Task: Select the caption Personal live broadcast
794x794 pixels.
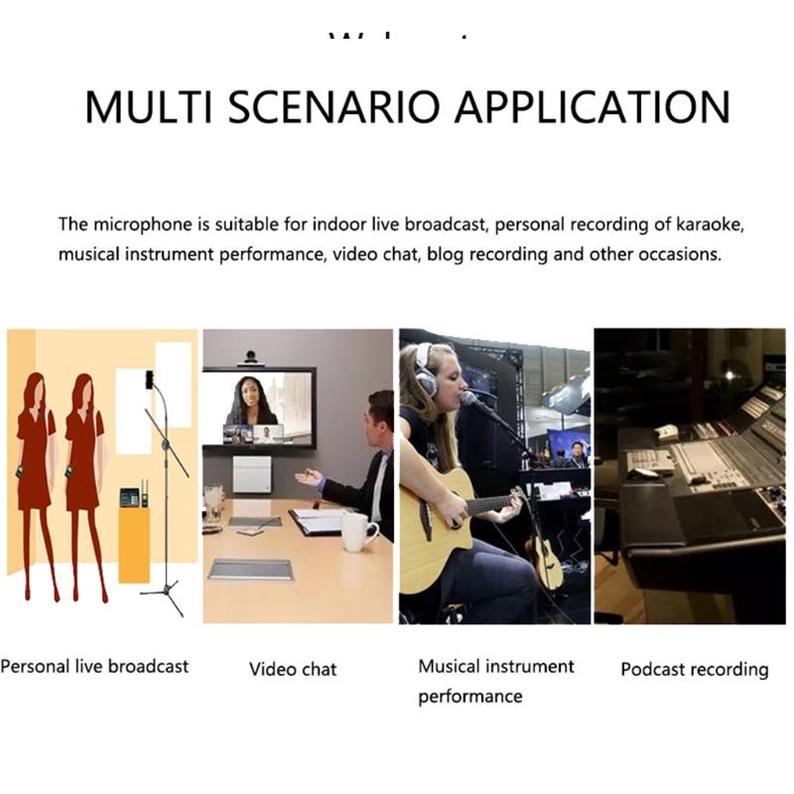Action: click(94, 666)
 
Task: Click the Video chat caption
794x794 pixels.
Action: click(293, 669)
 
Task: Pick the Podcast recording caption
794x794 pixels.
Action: click(695, 669)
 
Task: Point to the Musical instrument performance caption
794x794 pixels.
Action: click(495, 681)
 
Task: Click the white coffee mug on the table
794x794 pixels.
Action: click(355, 531)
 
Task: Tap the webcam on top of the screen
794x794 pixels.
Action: click(253, 357)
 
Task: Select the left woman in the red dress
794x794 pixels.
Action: click(37, 476)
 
